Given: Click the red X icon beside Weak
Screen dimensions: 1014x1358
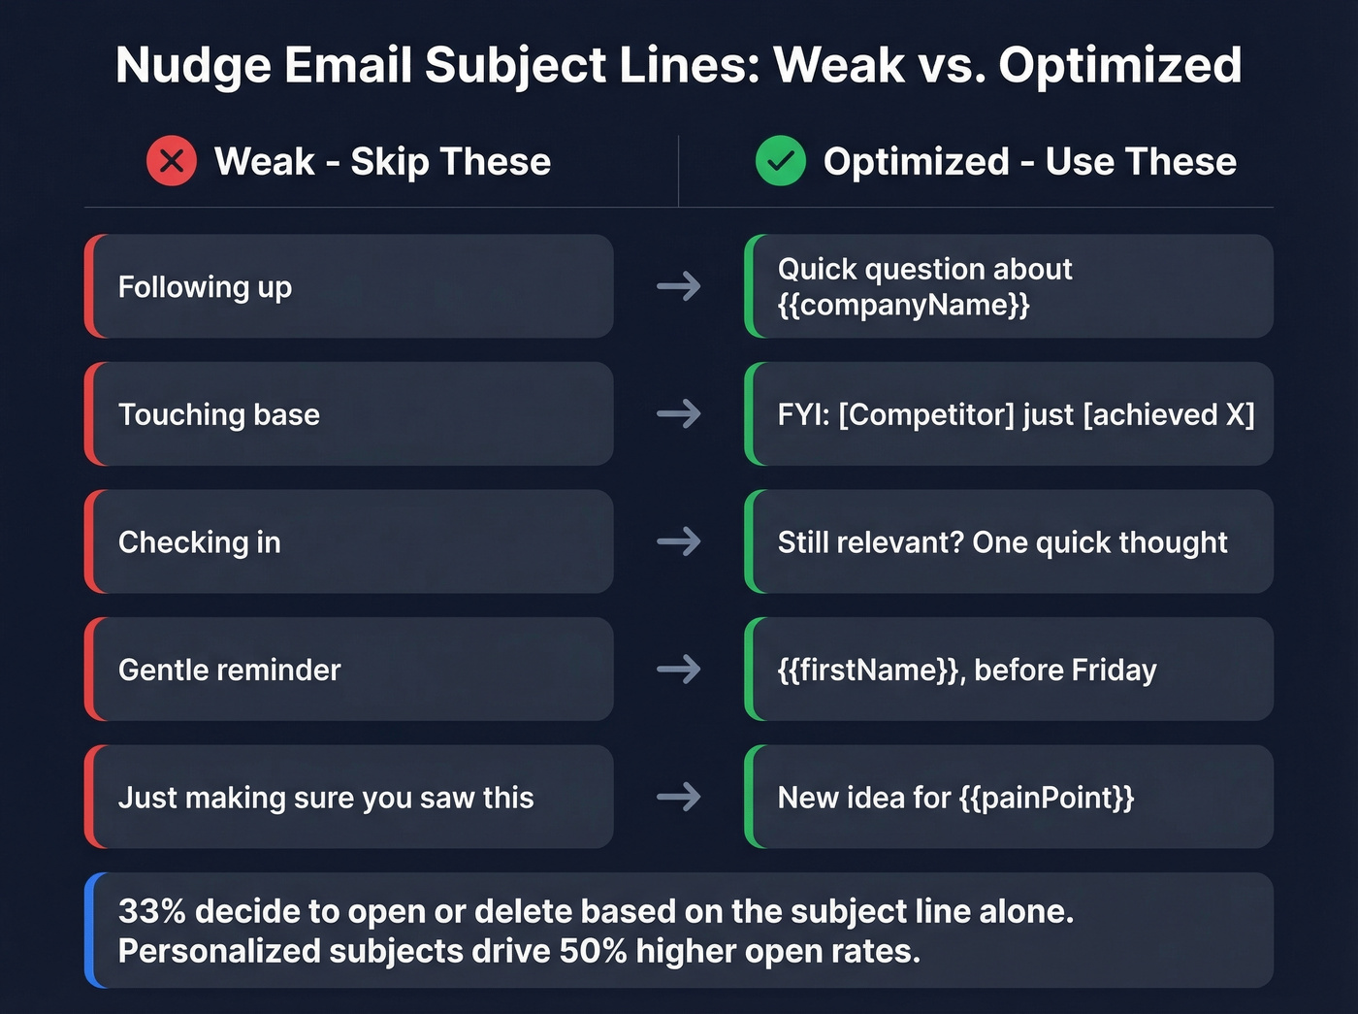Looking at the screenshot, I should pos(172,161).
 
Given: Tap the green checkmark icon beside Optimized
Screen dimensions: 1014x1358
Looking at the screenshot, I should pos(780,161).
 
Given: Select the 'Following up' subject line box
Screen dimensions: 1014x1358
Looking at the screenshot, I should pos(349,286).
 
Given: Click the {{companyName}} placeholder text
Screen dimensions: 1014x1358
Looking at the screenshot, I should pos(903,305).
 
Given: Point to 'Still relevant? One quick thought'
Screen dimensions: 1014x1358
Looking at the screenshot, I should pos(1002,541).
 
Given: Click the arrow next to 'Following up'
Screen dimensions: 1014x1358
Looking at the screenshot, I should pos(678,286).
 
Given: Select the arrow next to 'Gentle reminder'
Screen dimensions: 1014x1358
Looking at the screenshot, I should pos(678,670).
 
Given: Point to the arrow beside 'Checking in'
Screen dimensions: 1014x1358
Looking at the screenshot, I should pos(678,541).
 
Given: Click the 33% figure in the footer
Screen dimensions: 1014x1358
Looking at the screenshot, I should pos(151,911).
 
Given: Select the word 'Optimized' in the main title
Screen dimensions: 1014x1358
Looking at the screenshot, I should pos(1119,66).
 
